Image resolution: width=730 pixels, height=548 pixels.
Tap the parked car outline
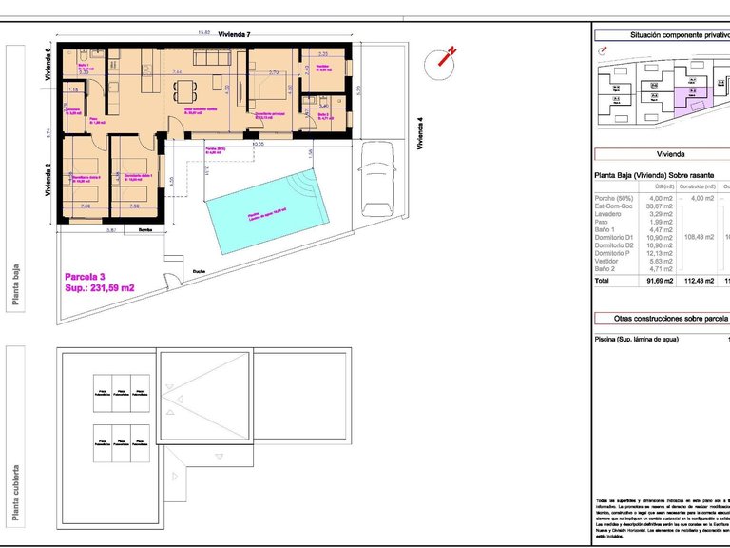click(x=377, y=178)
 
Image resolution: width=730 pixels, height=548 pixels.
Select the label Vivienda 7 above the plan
click(x=234, y=34)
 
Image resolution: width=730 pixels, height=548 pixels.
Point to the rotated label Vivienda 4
click(x=419, y=133)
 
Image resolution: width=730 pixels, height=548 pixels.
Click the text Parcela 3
click(x=87, y=275)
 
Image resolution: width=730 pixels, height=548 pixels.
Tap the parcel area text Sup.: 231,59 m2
click(x=99, y=286)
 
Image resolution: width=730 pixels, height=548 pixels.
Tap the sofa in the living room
click(x=212, y=57)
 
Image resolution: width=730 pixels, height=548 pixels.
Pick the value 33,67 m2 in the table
click(x=660, y=206)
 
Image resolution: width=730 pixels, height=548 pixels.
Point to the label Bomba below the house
click(x=145, y=230)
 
